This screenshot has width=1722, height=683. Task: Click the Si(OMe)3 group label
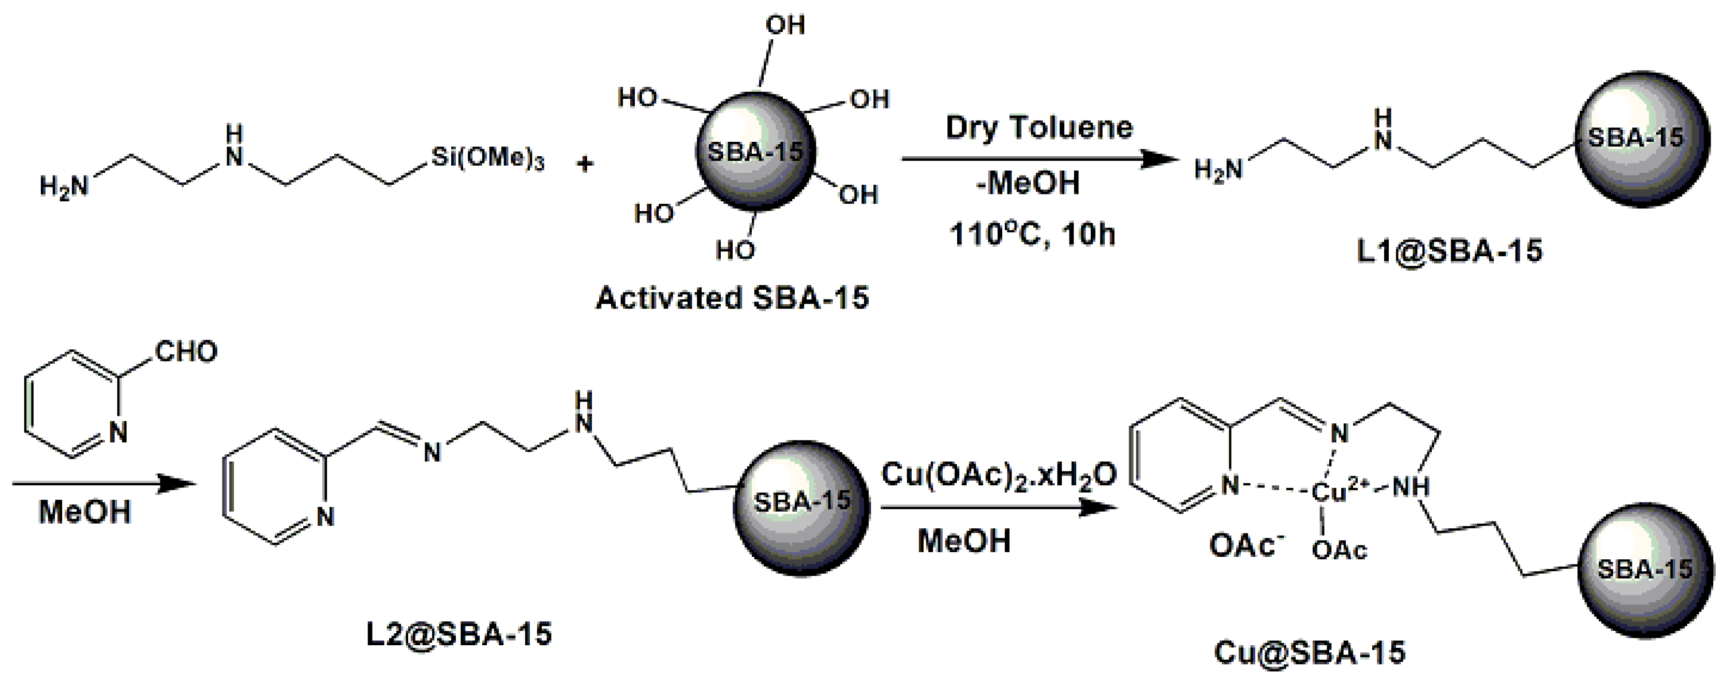click(487, 158)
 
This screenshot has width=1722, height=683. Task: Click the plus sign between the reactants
click(585, 164)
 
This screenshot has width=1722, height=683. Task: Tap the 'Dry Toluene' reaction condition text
click(1039, 128)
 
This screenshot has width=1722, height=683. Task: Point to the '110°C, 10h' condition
click(1032, 234)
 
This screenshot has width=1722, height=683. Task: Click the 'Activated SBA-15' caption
click(732, 298)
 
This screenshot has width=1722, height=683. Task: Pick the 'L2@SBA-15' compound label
click(459, 633)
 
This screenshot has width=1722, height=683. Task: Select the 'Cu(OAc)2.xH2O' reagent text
click(999, 476)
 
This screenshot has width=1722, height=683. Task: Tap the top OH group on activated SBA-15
click(785, 25)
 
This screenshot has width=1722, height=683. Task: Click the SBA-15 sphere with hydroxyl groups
click(755, 152)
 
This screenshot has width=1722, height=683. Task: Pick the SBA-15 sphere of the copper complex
click(1644, 569)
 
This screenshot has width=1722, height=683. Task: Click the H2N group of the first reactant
click(64, 186)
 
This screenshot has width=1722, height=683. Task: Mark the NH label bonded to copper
click(1411, 488)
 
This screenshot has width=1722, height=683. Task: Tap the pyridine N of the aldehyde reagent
click(118, 433)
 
